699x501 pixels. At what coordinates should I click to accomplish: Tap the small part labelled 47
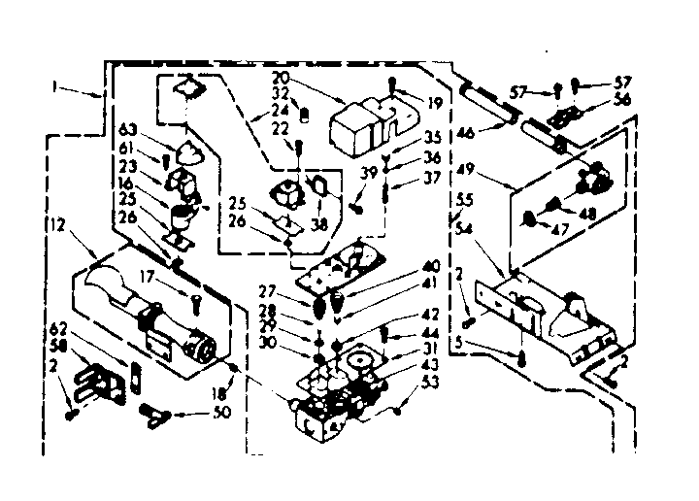530,218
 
